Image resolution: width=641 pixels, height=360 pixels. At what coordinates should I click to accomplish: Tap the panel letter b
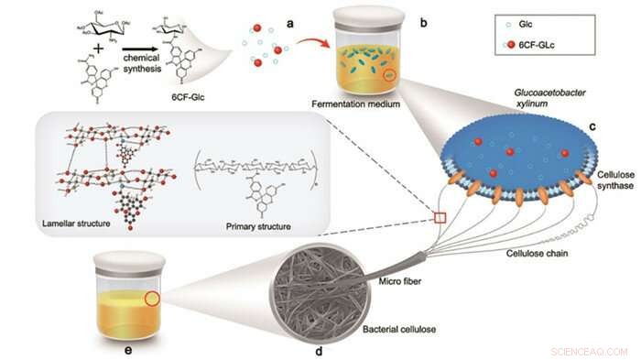(x=423, y=22)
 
